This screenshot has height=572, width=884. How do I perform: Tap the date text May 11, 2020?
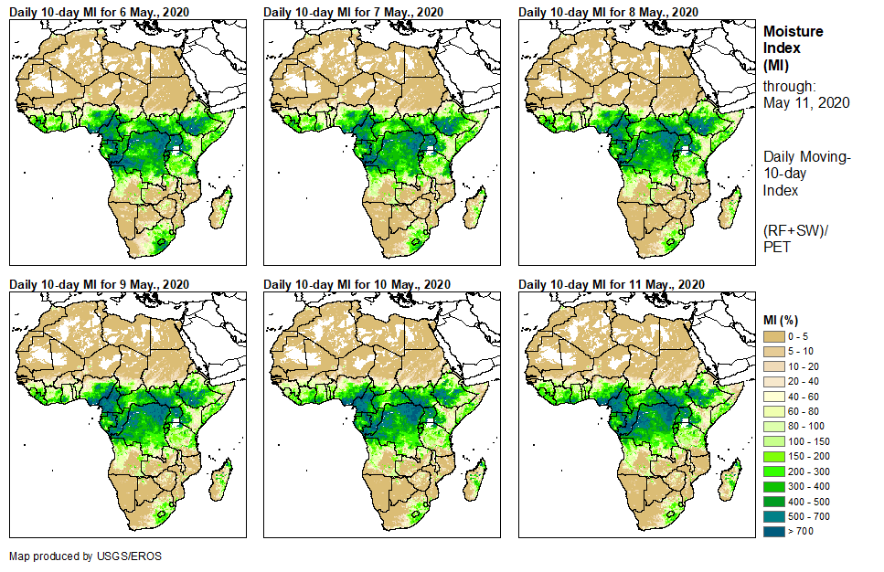click(x=806, y=102)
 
